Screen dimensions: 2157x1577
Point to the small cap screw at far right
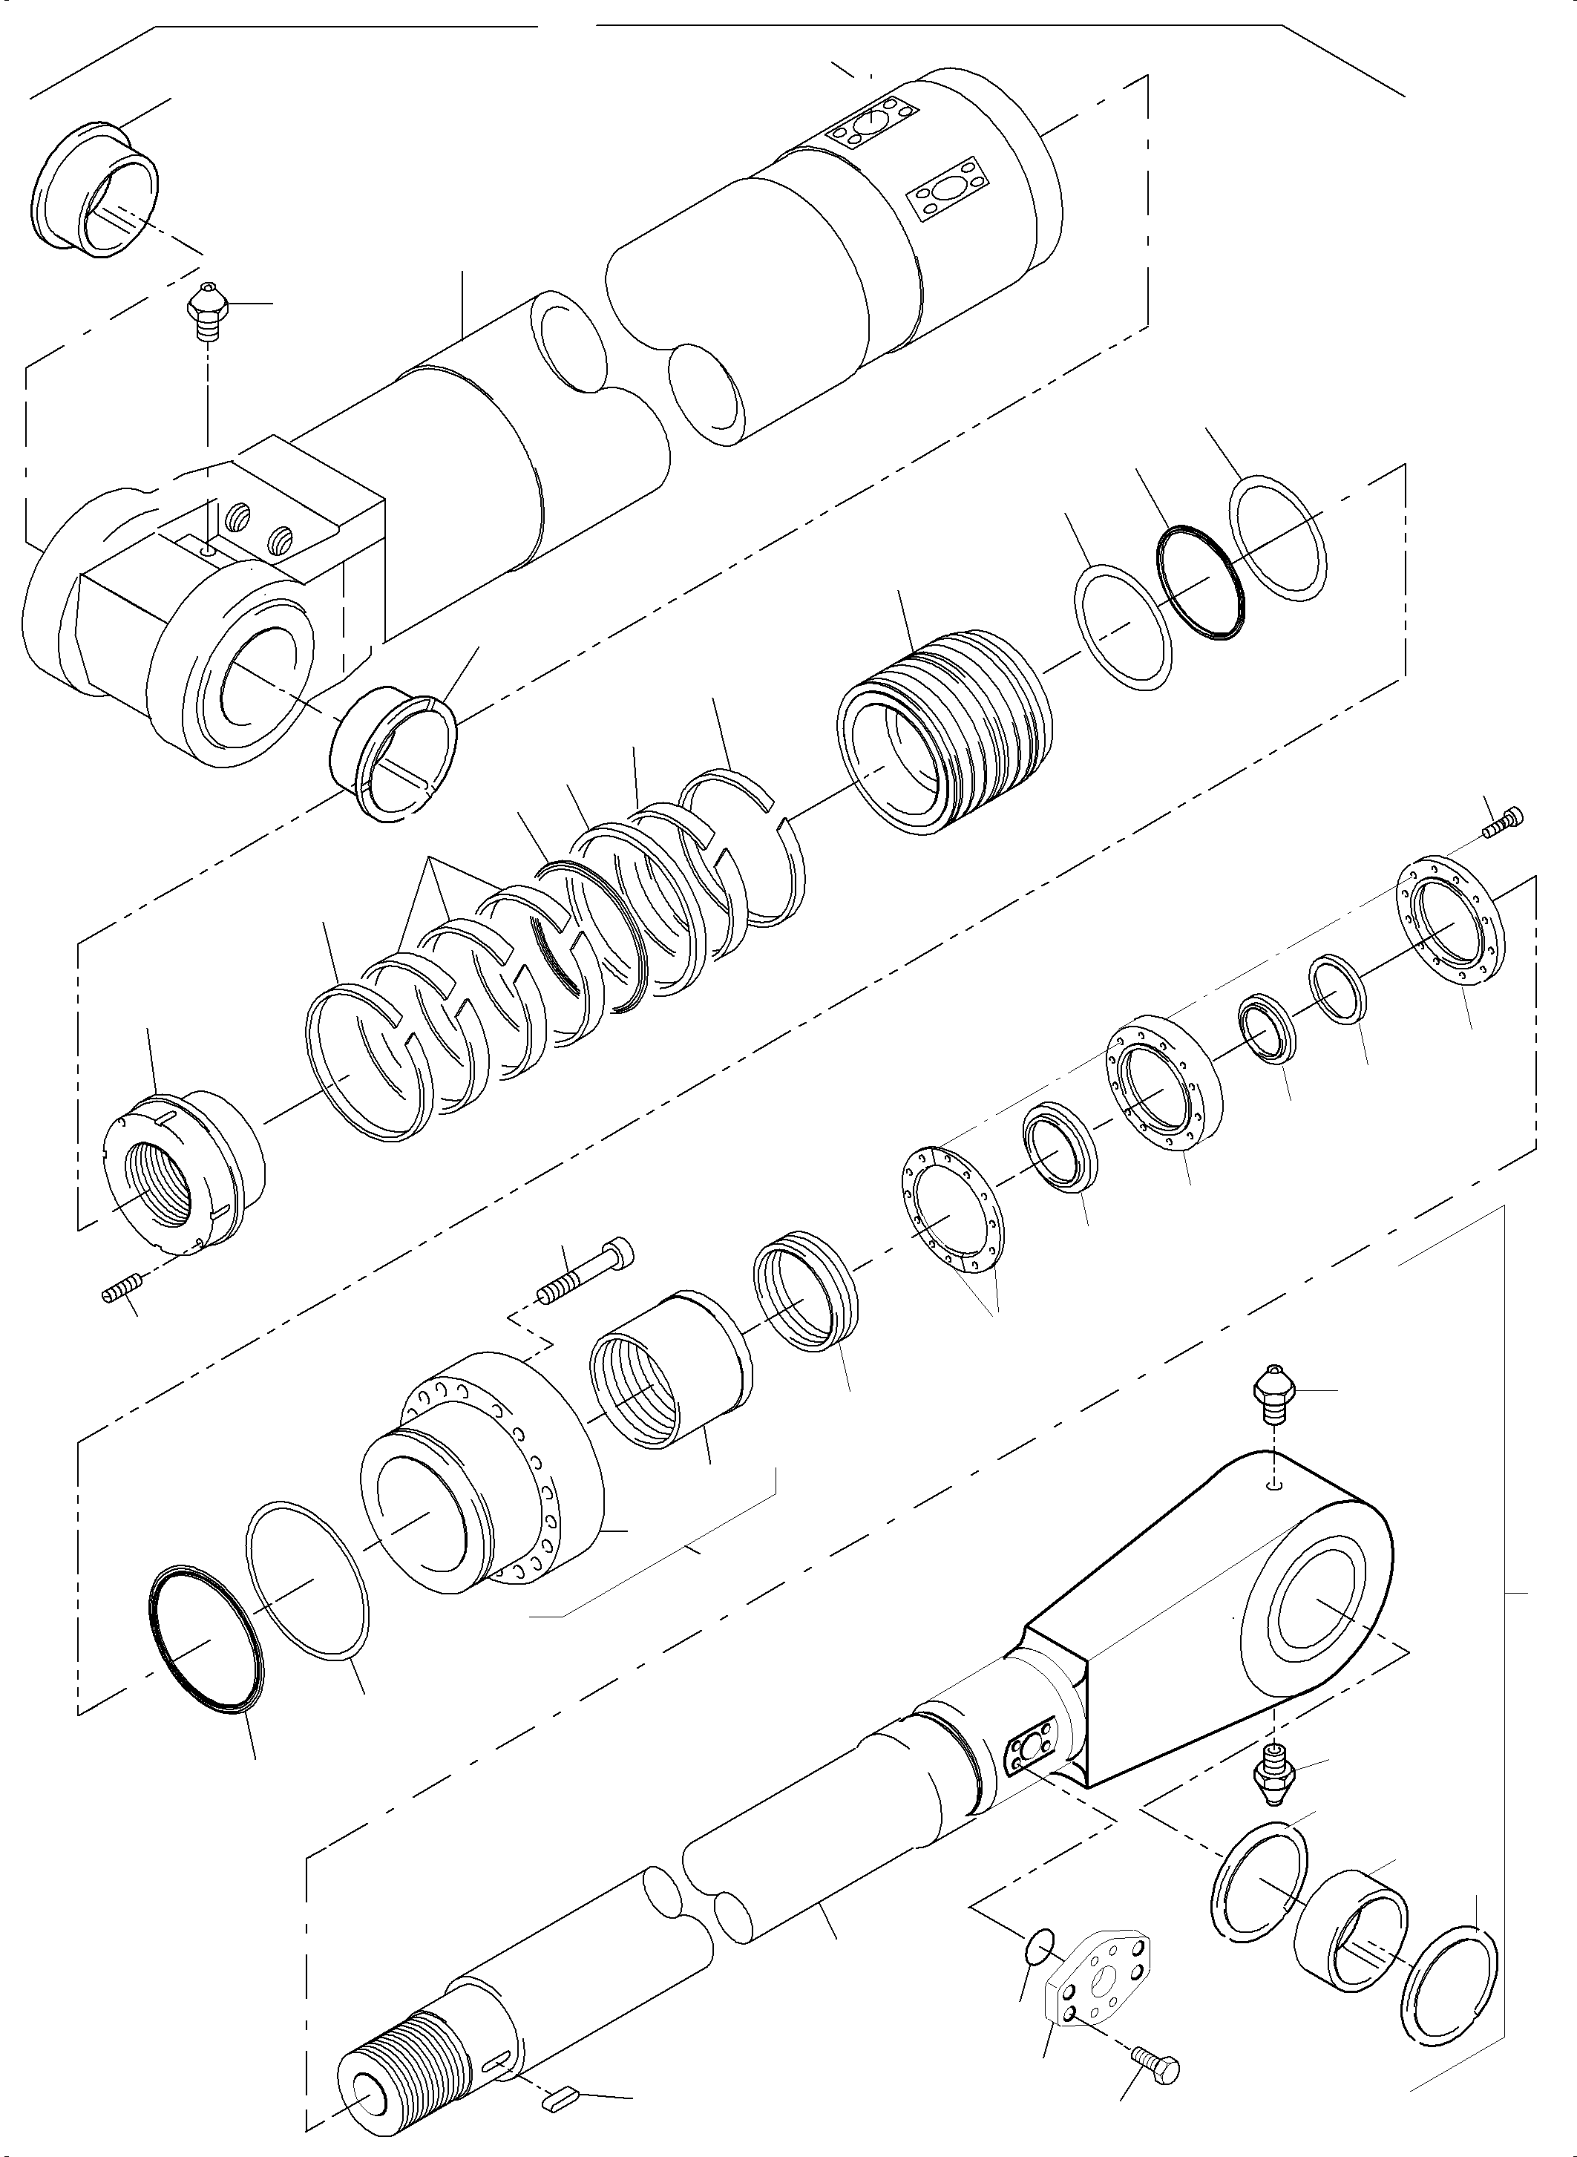point(1504,820)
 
